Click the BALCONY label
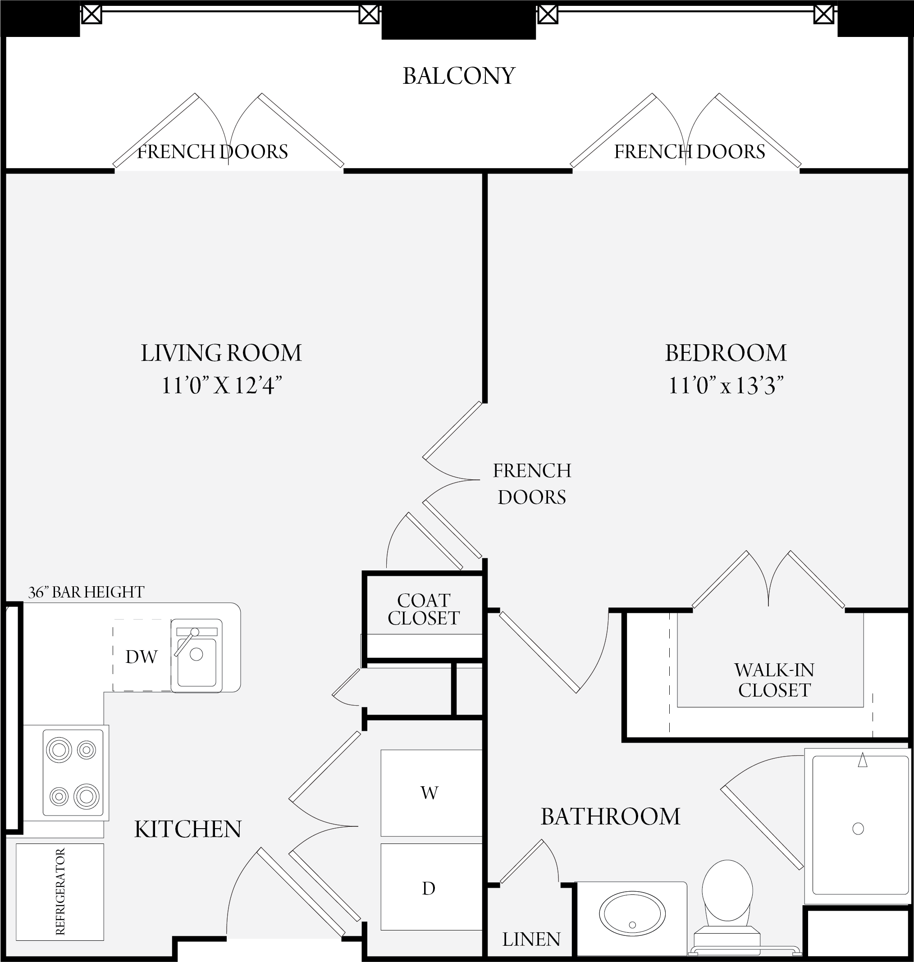pos(458,76)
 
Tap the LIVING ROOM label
pos(221,353)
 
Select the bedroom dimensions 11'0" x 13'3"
pos(726,386)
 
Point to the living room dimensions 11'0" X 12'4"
pos(222,386)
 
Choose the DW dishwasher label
pos(141,657)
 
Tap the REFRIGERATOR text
pos(60,891)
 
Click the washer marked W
pos(431,793)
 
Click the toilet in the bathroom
pos(727,905)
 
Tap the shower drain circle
pos(858,829)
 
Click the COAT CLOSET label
pos(423,609)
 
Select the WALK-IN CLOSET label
pos(774,680)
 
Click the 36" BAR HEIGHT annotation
pos(86,593)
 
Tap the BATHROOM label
pos(611,817)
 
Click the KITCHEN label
pos(187,830)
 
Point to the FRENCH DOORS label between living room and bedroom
pos(531,483)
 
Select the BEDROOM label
pos(726,353)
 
